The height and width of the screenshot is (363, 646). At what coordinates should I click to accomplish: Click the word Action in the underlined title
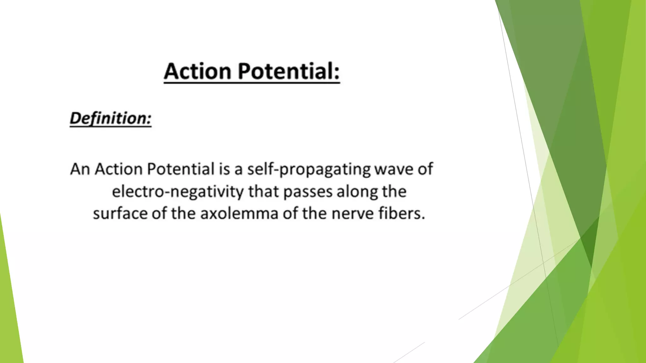pos(198,71)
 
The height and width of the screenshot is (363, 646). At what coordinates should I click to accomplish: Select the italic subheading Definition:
pos(110,119)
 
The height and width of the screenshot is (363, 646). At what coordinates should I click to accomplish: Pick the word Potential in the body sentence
pos(181,169)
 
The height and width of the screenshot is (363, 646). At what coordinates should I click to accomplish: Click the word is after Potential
pos(224,169)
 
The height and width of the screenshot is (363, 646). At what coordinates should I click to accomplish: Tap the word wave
pos(393,170)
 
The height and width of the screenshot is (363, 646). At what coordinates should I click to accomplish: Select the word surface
pos(120,214)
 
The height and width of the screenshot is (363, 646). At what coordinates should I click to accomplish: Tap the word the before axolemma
pos(183,213)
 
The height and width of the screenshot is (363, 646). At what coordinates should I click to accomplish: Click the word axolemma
pos(239,213)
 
